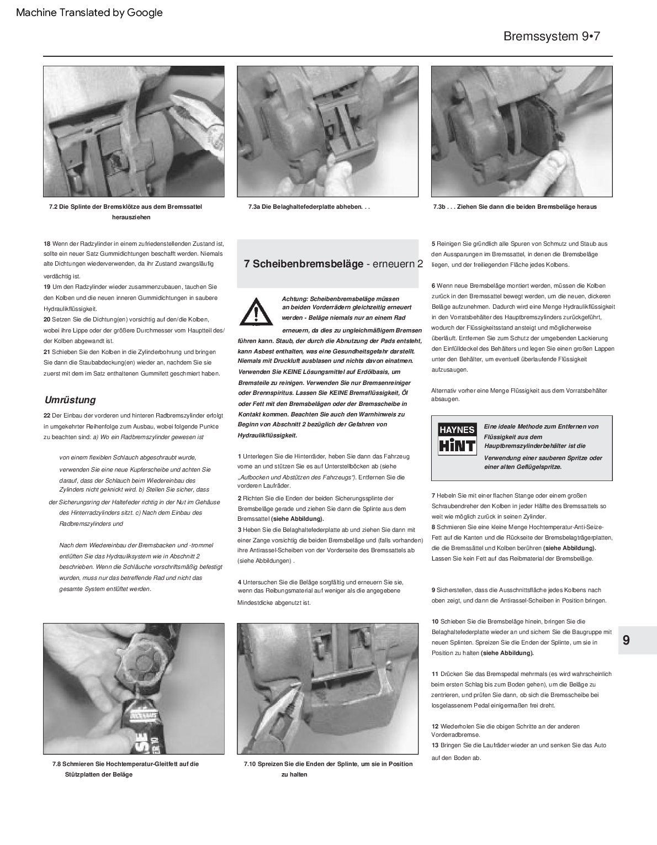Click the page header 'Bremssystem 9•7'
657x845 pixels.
(551, 36)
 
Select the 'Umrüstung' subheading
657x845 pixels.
(70, 400)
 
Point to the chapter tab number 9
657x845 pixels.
(626, 641)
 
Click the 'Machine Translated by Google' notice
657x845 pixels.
(89, 12)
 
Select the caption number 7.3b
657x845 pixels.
(439, 207)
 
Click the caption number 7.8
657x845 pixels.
(56, 764)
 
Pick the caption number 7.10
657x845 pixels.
(250, 764)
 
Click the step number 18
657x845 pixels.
(47, 244)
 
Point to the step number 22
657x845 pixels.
(47, 415)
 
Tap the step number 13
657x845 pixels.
(435, 745)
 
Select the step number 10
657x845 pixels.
(435, 621)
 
